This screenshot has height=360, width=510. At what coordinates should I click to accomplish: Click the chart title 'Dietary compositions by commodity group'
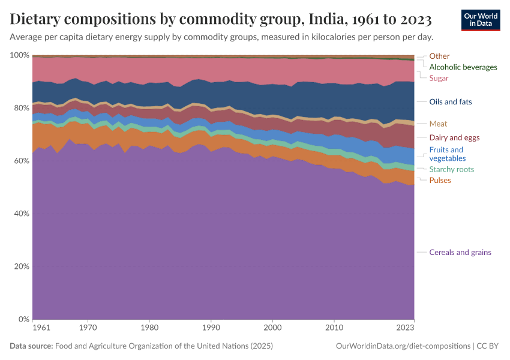coord(221,20)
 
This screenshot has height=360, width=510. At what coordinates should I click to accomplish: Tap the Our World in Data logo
coord(481,20)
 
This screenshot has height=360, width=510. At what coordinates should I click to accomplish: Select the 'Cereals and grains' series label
coord(460,252)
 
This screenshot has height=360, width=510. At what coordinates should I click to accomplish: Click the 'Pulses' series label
coord(440,180)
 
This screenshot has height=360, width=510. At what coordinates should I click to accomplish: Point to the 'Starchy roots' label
coord(451,169)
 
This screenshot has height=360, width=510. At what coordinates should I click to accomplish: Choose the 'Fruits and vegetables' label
coord(447,154)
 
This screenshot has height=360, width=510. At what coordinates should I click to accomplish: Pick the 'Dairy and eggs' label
coord(454,137)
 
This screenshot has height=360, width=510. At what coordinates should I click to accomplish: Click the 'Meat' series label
coord(438,124)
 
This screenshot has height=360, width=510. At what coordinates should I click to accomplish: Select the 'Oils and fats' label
coord(450,101)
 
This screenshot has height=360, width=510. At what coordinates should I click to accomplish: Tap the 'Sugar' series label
coord(439,78)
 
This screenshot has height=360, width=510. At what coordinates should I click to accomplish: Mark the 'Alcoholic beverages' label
coord(463,67)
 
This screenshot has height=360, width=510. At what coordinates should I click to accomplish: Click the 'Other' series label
coord(439,56)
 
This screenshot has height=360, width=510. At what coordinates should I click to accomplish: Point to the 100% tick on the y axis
coord(20,55)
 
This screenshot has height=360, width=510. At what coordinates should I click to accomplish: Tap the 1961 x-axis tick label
coord(41,328)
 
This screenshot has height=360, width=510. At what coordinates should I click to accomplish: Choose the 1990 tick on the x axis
coord(211,328)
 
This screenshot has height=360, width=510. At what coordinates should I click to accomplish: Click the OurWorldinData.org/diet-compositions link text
coord(403,346)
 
